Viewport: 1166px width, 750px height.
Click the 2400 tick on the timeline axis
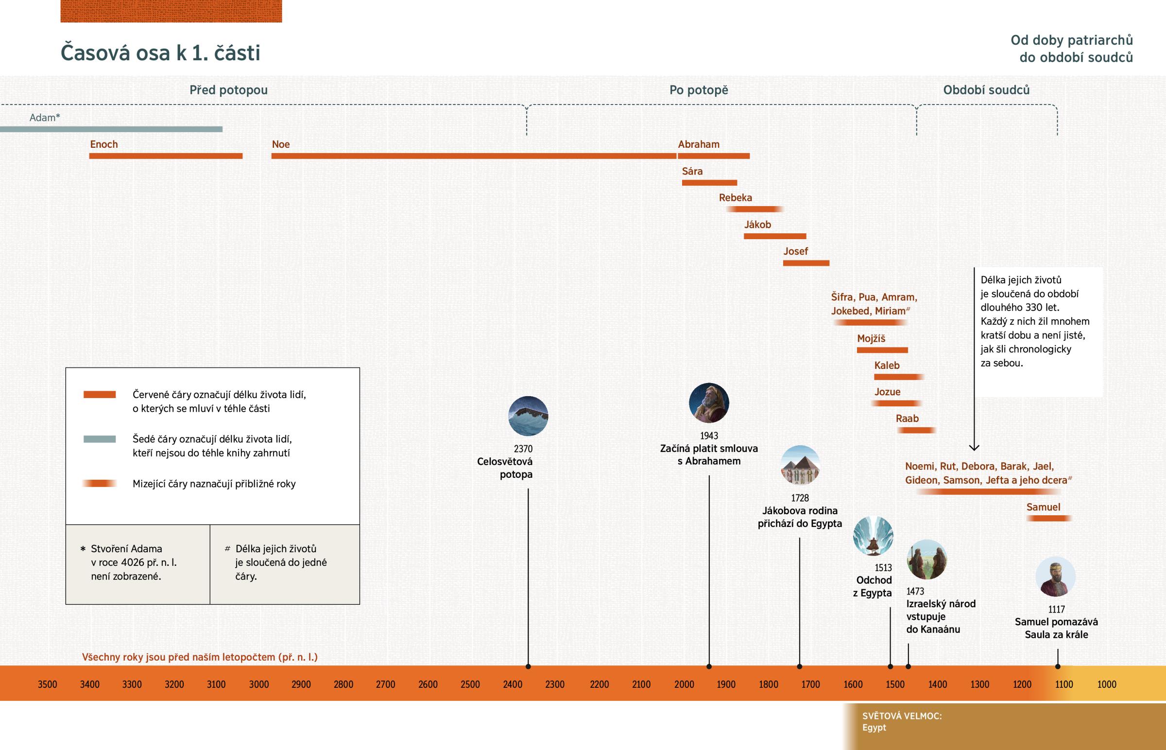point(513,684)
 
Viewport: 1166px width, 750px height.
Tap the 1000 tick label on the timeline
point(1106,684)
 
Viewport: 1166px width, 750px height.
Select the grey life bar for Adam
point(111,129)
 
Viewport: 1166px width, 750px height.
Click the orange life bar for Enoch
point(166,156)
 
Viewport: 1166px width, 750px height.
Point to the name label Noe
point(281,144)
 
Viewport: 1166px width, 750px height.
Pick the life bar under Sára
point(709,183)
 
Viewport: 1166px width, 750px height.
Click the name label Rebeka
point(736,198)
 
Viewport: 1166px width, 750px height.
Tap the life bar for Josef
point(806,263)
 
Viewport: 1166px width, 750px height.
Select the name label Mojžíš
point(871,338)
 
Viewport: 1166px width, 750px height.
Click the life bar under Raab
point(916,430)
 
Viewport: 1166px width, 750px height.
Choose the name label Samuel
point(1043,507)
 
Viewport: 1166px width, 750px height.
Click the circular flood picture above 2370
point(528,416)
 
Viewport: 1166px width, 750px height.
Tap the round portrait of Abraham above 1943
point(708,403)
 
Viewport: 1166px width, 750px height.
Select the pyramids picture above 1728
point(800,465)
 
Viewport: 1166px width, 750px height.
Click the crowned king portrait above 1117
point(1055,576)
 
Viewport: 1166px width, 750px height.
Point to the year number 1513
point(883,568)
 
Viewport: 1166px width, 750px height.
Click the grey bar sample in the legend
point(99,439)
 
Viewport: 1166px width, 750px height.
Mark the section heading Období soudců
point(986,90)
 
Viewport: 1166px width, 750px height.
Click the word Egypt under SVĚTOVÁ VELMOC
point(874,728)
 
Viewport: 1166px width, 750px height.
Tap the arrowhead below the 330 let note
point(974,447)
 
